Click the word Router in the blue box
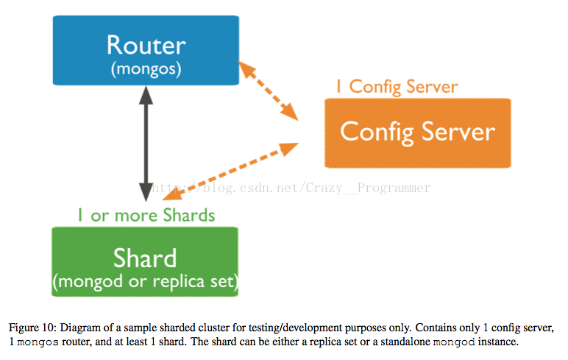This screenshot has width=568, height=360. [x=146, y=46]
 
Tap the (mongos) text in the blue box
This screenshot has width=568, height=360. [x=146, y=69]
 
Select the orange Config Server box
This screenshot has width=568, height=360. [x=418, y=133]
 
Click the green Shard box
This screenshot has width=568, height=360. [x=145, y=262]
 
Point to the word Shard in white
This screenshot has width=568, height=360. [x=145, y=258]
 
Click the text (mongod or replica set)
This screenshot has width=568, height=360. [x=146, y=282]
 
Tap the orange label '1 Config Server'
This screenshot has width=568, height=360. [x=397, y=87]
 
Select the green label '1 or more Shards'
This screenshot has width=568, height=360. [x=146, y=216]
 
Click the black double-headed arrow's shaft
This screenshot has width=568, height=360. [x=146, y=144]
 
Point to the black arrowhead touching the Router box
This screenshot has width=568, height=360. [x=146, y=95]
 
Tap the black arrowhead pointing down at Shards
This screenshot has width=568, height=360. [x=146, y=192]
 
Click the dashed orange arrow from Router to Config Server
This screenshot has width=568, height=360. [x=269, y=91]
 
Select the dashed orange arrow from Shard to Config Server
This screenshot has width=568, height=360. [x=230, y=171]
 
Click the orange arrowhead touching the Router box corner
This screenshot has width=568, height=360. [x=247, y=70]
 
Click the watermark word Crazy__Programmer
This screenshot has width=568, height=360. [x=368, y=188]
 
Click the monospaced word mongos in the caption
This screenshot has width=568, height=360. [x=38, y=342]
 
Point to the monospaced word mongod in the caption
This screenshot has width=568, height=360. [x=454, y=342]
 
